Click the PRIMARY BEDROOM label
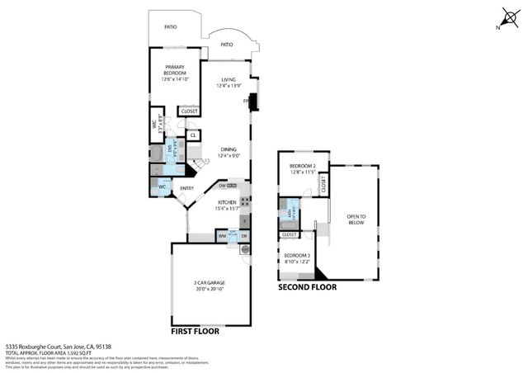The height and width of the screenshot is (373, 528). point(174,73)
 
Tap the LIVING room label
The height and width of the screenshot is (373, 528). point(228,83)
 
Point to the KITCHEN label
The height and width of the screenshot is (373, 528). point(228,205)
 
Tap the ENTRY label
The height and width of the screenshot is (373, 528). point(187,187)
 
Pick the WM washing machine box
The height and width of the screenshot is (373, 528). point(223,236)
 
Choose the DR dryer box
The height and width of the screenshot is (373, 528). point(244,236)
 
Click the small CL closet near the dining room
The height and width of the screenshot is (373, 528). point(193,135)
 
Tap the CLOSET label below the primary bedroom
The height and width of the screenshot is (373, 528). point(189,111)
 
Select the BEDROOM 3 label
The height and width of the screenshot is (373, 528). point(296,258)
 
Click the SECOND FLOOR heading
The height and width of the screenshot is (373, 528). point(308,288)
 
